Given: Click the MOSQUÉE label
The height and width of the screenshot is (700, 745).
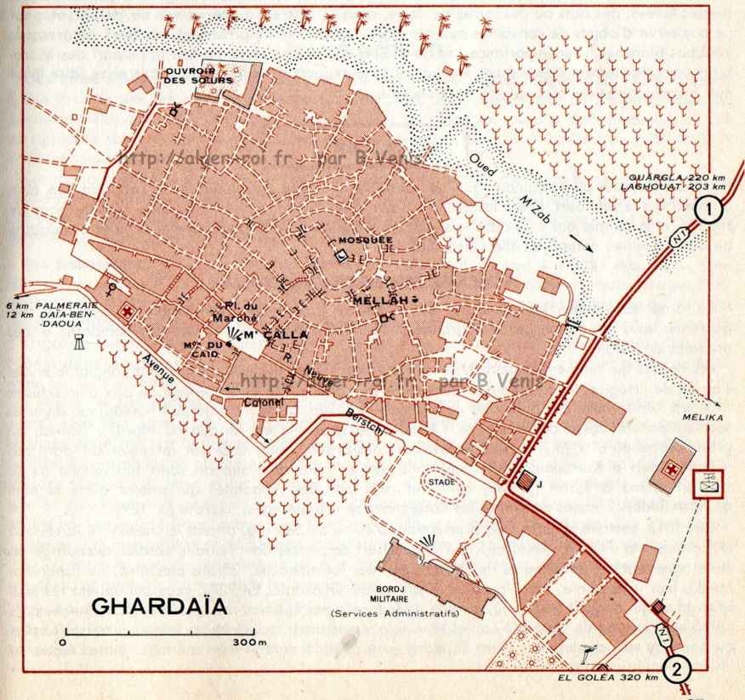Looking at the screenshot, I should (365, 240).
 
